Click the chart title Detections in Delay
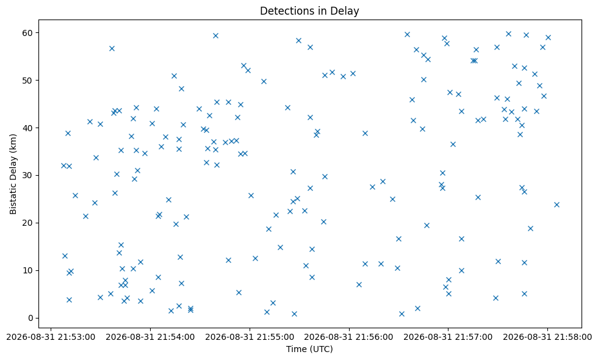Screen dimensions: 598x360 click(309, 11)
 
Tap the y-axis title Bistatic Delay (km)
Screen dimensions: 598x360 click(13, 174)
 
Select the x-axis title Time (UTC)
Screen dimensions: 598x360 click(309, 349)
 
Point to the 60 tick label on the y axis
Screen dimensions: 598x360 click(28, 33)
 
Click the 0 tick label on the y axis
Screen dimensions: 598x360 click(31, 318)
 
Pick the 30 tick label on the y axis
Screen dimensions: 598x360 click(28, 176)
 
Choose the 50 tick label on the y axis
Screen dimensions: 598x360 click(28, 81)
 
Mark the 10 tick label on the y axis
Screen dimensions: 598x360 click(28, 270)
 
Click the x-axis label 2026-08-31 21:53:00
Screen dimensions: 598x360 click(51, 337)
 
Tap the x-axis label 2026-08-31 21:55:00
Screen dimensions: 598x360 click(250, 337)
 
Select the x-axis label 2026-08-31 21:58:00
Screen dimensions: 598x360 click(547, 337)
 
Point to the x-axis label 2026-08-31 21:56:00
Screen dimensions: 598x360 click(349, 337)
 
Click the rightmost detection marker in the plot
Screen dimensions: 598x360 click(557, 204)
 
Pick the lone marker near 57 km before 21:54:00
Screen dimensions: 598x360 click(112, 48)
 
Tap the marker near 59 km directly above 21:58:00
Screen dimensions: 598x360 click(548, 37)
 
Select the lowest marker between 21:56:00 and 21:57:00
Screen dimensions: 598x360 click(402, 314)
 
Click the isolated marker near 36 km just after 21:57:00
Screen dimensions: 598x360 click(453, 144)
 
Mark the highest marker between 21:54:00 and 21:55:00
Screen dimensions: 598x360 click(215, 35)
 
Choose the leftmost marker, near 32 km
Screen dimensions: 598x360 click(63, 165)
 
